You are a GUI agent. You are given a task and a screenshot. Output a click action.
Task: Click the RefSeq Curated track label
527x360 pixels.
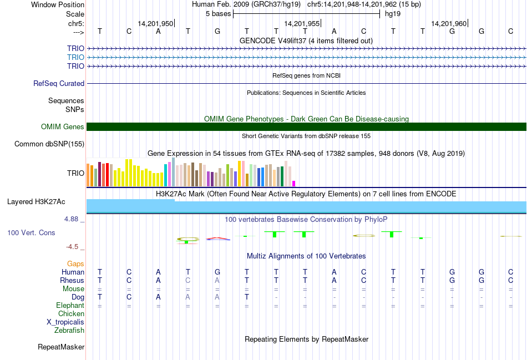pos(59,84)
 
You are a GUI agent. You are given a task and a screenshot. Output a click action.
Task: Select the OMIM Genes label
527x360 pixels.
pos(63,127)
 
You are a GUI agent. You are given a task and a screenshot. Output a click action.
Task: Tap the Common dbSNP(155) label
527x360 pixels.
pos(49,144)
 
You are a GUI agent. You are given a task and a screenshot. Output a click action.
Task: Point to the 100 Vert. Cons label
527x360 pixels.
pos(31,233)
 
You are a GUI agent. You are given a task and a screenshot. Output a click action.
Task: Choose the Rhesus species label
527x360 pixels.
pos(72,281)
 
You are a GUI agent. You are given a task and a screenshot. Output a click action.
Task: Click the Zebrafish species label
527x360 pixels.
pos(69,331)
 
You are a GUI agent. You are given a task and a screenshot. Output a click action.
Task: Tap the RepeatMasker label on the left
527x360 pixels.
pos(61,347)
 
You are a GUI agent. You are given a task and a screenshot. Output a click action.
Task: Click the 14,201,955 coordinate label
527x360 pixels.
pos(302,23)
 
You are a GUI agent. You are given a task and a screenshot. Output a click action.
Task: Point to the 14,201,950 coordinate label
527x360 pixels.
pos(155,23)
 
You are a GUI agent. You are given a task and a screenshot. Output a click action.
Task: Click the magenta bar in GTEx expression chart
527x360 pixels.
pos(294,183)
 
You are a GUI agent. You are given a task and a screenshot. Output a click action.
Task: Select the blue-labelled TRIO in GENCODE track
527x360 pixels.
pos(75,57)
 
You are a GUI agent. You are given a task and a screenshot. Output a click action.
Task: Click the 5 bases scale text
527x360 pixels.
pos(218,14)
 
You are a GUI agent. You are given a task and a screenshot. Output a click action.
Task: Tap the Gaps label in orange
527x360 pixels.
pos(75,264)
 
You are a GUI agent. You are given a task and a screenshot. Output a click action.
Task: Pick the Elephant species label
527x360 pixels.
pos(70,306)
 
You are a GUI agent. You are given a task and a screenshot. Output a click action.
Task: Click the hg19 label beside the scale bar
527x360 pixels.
pos(393,14)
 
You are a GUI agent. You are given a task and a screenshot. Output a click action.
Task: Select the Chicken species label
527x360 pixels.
pos(71,314)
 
